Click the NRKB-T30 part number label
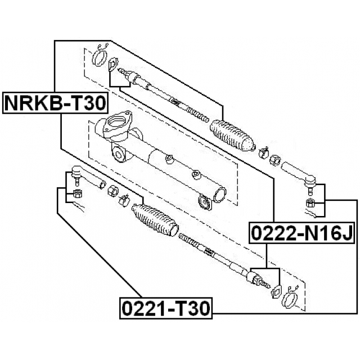(x=55, y=103)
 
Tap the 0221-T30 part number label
(x=166, y=308)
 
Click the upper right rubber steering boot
(x=232, y=136)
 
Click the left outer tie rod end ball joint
(x=76, y=174)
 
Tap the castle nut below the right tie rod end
(x=310, y=202)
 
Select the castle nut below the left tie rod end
(x=77, y=193)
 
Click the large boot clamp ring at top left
(x=99, y=58)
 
